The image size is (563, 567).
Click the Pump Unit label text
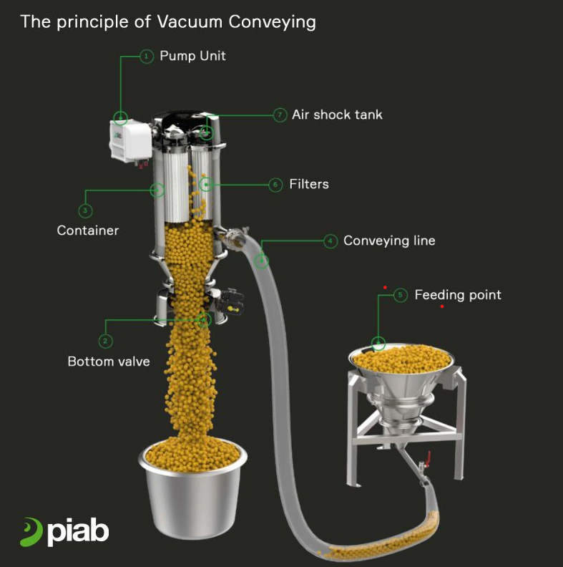pyautogui.click(x=192, y=56)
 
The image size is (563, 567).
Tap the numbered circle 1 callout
pyautogui.click(x=147, y=57)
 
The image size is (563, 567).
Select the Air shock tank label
pyautogui.click(x=337, y=115)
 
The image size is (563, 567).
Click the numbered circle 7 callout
pyautogui.click(x=280, y=115)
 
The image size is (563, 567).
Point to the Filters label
pyautogui.click(x=309, y=184)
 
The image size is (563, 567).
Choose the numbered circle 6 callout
pyautogui.click(x=275, y=185)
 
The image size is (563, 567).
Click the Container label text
pyautogui.click(x=88, y=231)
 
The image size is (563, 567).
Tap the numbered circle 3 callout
pyautogui.click(x=85, y=210)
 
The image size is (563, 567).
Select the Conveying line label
pyautogui.click(x=389, y=241)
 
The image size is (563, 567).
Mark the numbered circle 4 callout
pyautogui.click(x=331, y=241)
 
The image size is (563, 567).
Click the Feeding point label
pyautogui.click(x=458, y=295)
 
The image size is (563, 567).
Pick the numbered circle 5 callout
pyautogui.click(x=400, y=295)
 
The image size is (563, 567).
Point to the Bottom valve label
pyautogui.click(x=109, y=362)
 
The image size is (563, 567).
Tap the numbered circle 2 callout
pyautogui.click(x=105, y=341)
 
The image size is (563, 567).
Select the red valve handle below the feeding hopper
pyautogui.click(x=429, y=458)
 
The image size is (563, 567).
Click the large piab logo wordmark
pyautogui.click(x=64, y=532)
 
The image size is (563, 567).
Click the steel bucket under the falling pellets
pyautogui.click(x=192, y=488)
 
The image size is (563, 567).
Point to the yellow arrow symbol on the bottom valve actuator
pyautogui.click(x=232, y=309)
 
